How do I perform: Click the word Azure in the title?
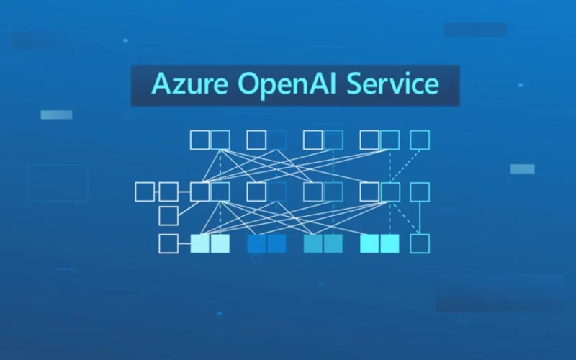pyautogui.click(x=189, y=84)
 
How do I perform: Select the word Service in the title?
pyautogui.click(x=392, y=84)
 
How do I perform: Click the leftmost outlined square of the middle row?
pyautogui.click(x=145, y=192)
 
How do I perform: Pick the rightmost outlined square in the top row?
pyautogui.click(x=420, y=140)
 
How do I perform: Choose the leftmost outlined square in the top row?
pyautogui.click(x=200, y=140)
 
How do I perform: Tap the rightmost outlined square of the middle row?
pyautogui.click(x=420, y=192)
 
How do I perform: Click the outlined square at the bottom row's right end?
pyautogui.click(x=420, y=243)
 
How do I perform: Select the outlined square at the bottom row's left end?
pyautogui.click(x=168, y=243)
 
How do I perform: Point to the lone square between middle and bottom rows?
pyautogui.click(x=168, y=215)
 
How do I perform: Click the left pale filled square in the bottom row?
pyautogui.click(x=200, y=243)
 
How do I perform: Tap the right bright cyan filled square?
pyautogui.click(x=390, y=243)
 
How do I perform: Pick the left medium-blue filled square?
pyautogui.click(x=256, y=243)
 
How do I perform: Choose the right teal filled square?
pyautogui.click(x=333, y=243)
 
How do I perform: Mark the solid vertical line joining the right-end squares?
pyautogui.click(x=420, y=218)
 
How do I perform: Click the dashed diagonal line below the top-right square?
pyautogui.click(x=405, y=166)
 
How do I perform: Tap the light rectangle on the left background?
pyautogui.click(x=57, y=114)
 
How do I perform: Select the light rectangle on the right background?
pyautogui.click(x=523, y=169)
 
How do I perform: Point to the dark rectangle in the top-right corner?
pyautogui.click(x=475, y=30)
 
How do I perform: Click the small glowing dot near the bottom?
pyautogui.click(x=220, y=313)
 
